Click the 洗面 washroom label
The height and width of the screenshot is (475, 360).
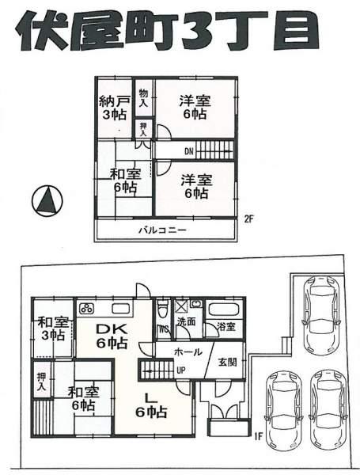point(186,322)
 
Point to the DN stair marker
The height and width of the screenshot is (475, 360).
point(189,150)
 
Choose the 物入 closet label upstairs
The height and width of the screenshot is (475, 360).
point(144,98)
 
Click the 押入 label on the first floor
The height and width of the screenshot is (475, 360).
point(40,383)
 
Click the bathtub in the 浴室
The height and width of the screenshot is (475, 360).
point(227,310)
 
